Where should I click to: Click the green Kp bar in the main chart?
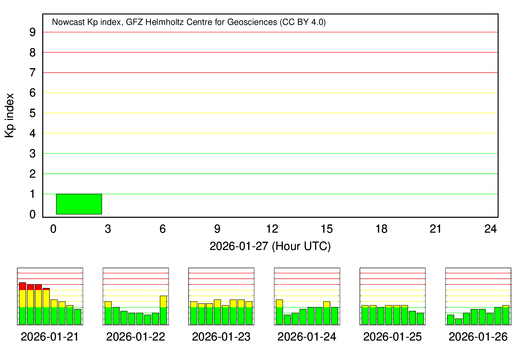pyautogui.click(x=79, y=204)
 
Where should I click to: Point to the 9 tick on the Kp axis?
pyautogui.click(x=33, y=32)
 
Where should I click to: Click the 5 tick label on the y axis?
pyautogui.click(x=33, y=113)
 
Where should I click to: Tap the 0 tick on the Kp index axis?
pyautogui.click(x=33, y=214)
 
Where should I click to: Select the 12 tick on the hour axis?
pyautogui.click(x=272, y=229)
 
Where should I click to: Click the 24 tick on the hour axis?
pyautogui.click(x=491, y=229)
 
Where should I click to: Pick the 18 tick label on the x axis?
pyautogui.click(x=381, y=229)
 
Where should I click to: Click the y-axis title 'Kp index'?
pyautogui.click(x=10, y=115)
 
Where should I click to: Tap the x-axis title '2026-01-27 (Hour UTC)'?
pyautogui.click(x=270, y=246)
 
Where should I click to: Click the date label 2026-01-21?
pyautogui.click(x=50, y=337)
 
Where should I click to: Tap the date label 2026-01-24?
pyautogui.click(x=307, y=337)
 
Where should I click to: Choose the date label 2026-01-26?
pyautogui.click(x=478, y=337)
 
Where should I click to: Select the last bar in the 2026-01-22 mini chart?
pyautogui.click(x=163, y=310)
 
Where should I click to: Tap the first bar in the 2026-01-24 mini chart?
pyautogui.click(x=279, y=312)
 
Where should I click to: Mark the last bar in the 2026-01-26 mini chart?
pyautogui.click(x=506, y=315)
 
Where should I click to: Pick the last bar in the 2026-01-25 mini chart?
pyautogui.click(x=420, y=318)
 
